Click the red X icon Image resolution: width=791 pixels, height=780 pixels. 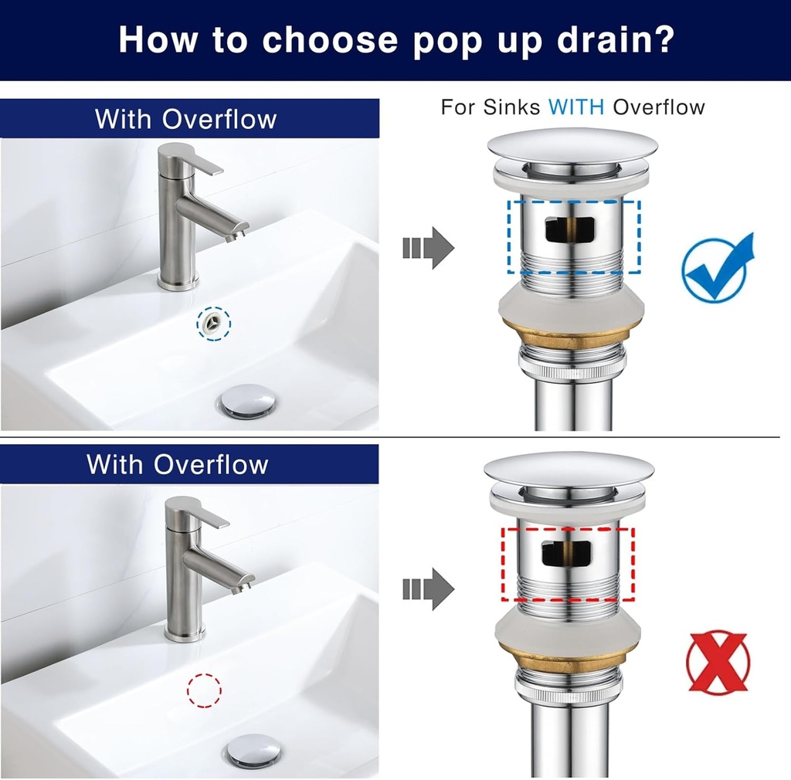click(718, 663)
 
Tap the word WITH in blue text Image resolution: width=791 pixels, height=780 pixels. click(577, 107)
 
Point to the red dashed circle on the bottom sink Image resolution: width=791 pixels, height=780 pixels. click(205, 689)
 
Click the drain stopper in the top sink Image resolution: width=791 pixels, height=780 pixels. click(247, 402)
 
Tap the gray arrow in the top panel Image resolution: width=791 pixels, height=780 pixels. click(428, 248)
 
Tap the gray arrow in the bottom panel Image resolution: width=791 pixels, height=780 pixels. click(428, 588)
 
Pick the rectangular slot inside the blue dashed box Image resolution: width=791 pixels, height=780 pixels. click(569, 229)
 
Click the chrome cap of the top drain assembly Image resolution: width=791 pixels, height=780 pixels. click(572, 146)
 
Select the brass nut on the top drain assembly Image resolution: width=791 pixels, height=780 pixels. click(572, 337)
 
